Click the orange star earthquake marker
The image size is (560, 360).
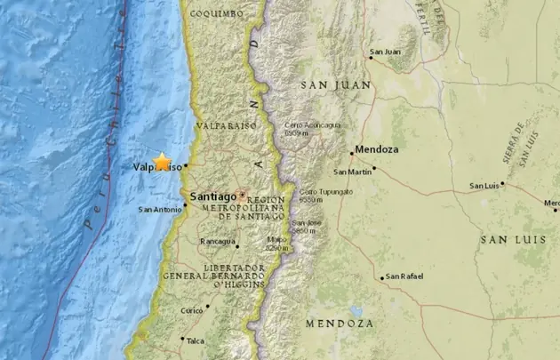click(x=162, y=161)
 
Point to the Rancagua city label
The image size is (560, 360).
click(x=217, y=241)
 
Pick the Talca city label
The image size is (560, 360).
click(x=196, y=340)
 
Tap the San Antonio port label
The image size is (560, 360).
click(x=159, y=210)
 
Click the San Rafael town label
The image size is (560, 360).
click(x=406, y=276)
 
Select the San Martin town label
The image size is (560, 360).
click(x=352, y=171)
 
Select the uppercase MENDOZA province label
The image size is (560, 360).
click(x=339, y=324)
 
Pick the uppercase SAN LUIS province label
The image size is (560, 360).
click(x=507, y=240)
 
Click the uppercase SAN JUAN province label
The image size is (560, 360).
click(x=334, y=84)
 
